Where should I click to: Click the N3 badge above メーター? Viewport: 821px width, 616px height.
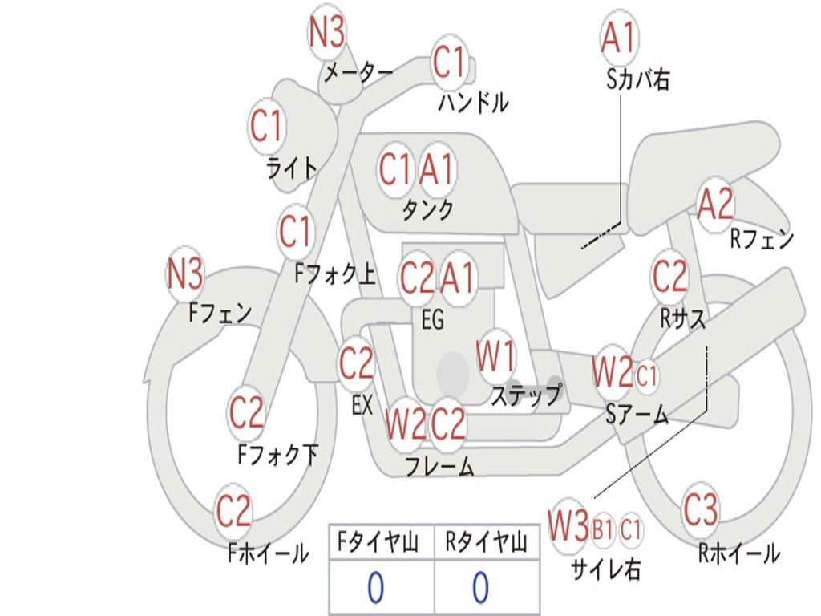(x=327, y=32)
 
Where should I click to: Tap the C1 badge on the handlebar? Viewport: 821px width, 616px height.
(x=450, y=62)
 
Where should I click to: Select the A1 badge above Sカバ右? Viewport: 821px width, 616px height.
(x=620, y=38)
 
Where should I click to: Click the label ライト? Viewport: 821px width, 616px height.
(x=292, y=168)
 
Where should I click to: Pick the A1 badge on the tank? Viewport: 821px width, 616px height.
(x=437, y=170)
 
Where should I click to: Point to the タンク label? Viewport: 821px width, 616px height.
(x=428, y=209)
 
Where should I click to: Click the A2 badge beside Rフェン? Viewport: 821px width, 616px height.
(x=716, y=205)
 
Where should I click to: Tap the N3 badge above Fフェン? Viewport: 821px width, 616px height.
(x=185, y=274)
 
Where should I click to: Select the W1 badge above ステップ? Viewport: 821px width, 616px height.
(x=495, y=357)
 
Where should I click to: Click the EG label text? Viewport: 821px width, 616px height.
(x=432, y=319)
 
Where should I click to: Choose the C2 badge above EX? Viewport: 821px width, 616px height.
(x=356, y=363)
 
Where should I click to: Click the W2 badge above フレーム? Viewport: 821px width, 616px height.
(x=406, y=423)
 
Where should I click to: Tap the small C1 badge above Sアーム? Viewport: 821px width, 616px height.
(x=647, y=375)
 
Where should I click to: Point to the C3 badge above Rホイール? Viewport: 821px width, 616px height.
(x=701, y=509)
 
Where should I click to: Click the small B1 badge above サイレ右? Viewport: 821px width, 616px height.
(x=603, y=530)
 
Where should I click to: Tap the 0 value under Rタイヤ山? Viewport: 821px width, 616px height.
(x=481, y=588)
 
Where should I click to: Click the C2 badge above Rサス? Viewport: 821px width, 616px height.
(x=669, y=276)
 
